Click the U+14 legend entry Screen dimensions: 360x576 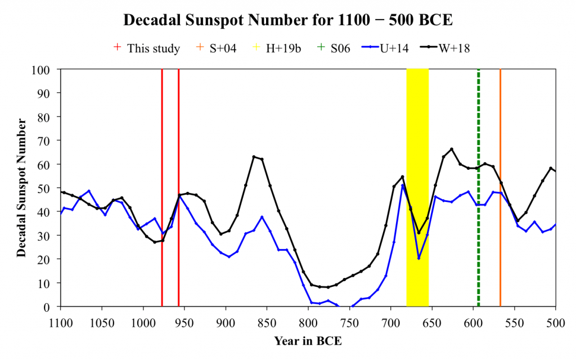389,48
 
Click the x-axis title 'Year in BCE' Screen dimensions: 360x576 308,341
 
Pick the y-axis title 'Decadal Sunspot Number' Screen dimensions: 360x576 21,188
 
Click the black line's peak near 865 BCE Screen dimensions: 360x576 254,157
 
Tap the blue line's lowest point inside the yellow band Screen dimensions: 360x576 419,258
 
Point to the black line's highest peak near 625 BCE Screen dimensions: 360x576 452,149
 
